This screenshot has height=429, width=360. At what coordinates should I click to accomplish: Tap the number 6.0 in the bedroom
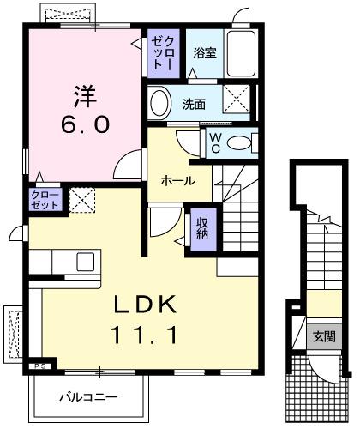pos(83,124)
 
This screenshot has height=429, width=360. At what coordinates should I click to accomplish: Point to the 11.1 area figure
pos(144,334)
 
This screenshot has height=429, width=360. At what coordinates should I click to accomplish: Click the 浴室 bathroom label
pos(204,53)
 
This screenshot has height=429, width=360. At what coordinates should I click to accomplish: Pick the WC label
pos(214,142)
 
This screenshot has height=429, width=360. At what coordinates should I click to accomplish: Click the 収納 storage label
pos(203,229)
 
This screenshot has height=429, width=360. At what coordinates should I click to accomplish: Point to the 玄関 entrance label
pos(324,336)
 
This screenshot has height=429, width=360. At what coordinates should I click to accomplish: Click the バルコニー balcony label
pos(87,396)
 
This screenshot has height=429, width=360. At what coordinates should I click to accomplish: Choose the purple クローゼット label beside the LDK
pos(45,201)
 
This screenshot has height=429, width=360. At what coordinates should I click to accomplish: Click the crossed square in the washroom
pos(237,100)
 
